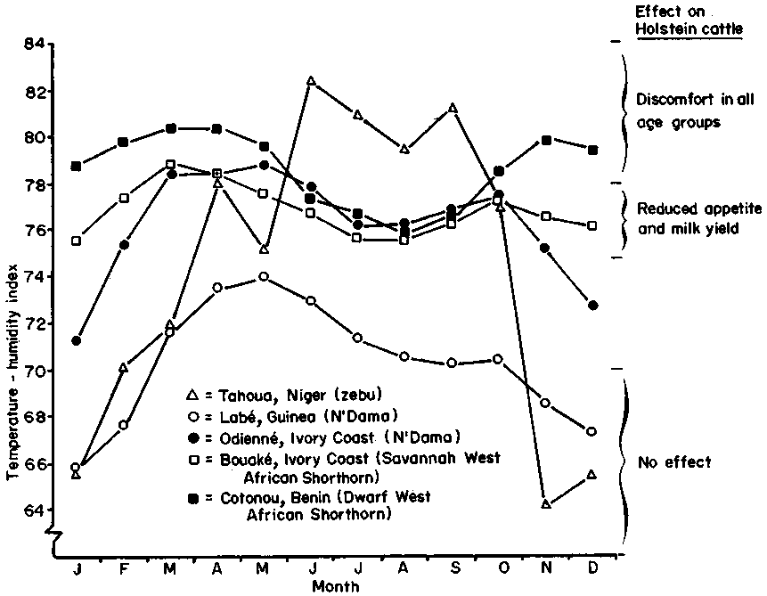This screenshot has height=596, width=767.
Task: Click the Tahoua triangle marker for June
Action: click(x=311, y=80)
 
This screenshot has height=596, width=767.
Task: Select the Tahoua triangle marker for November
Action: click(x=546, y=504)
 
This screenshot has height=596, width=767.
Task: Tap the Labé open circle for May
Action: click(x=264, y=276)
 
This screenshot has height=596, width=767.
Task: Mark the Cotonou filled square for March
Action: click(x=170, y=128)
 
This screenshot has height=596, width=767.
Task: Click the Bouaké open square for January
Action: click(x=77, y=241)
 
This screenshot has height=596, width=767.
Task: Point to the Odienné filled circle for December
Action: click(x=593, y=306)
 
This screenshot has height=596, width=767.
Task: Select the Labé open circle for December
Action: click(x=593, y=431)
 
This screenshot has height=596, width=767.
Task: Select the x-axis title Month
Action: click(x=336, y=586)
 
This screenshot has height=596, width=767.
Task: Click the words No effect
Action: click(x=674, y=462)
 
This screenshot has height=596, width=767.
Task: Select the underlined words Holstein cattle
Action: click(x=676, y=29)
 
